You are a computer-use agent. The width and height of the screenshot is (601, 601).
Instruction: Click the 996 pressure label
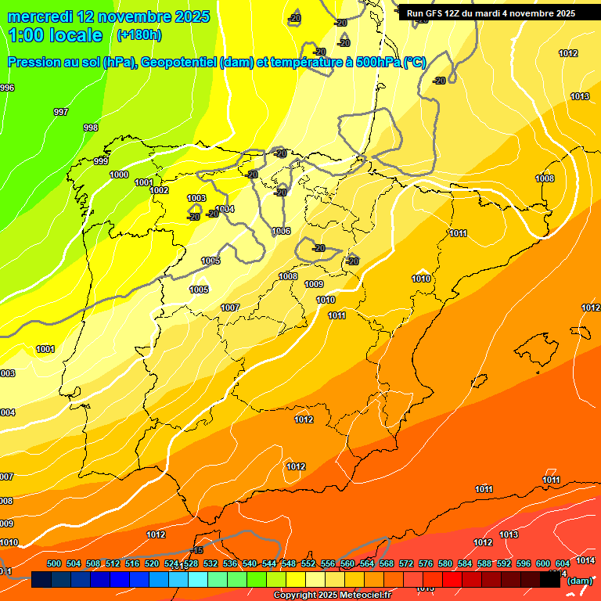tap(7, 88)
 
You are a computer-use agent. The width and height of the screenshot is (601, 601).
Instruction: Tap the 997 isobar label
tap(60, 112)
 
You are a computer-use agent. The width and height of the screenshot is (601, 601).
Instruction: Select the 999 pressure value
tap(101, 161)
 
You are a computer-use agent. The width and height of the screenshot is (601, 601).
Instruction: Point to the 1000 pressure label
tap(119, 175)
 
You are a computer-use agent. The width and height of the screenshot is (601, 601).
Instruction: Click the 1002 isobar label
tap(159, 190)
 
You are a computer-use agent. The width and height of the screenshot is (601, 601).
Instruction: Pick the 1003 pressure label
tap(196, 198)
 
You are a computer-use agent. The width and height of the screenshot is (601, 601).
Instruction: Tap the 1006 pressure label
tap(281, 231)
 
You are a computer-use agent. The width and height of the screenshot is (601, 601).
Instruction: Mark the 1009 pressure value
tap(314, 284)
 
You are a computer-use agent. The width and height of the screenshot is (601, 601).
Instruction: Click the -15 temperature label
tap(198, 550)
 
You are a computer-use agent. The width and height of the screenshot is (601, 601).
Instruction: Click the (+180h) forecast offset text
tap(139, 35)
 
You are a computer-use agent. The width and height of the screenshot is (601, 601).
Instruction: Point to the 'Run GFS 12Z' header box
tap(491, 13)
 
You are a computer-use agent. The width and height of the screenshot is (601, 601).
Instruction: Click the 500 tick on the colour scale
tap(54, 563)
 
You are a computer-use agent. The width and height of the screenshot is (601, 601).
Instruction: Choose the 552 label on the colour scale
tap(308, 563)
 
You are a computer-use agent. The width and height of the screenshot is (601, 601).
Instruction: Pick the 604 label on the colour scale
tap(563, 563)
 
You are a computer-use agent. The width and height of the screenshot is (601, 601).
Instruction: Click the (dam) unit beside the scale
tap(580, 580)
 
